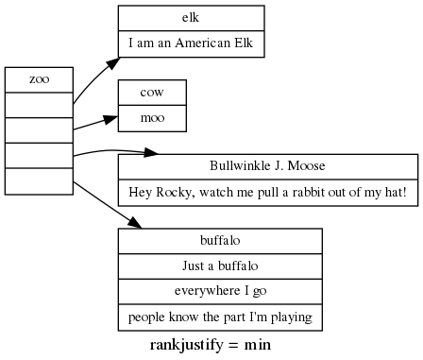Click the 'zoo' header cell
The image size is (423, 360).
[x=39, y=79]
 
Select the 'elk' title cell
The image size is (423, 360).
[x=191, y=18]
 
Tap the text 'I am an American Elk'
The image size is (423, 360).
[x=191, y=43]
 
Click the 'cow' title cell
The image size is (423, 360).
[x=152, y=93]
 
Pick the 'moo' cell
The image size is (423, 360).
[x=152, y=118]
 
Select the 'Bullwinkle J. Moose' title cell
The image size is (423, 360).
[x=267, y=166]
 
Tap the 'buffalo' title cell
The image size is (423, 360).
[x=219, y=240]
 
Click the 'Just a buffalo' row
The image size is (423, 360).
[x=219, y=266]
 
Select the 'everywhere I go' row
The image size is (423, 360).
[x=219, y=291]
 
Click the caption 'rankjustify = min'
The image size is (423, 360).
[x=211, y=345]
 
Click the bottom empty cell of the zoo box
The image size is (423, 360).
[x=39, y=181]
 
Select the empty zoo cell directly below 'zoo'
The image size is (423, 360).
[x=39, y=105]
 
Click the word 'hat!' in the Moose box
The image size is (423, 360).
[x=394, y=192]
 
